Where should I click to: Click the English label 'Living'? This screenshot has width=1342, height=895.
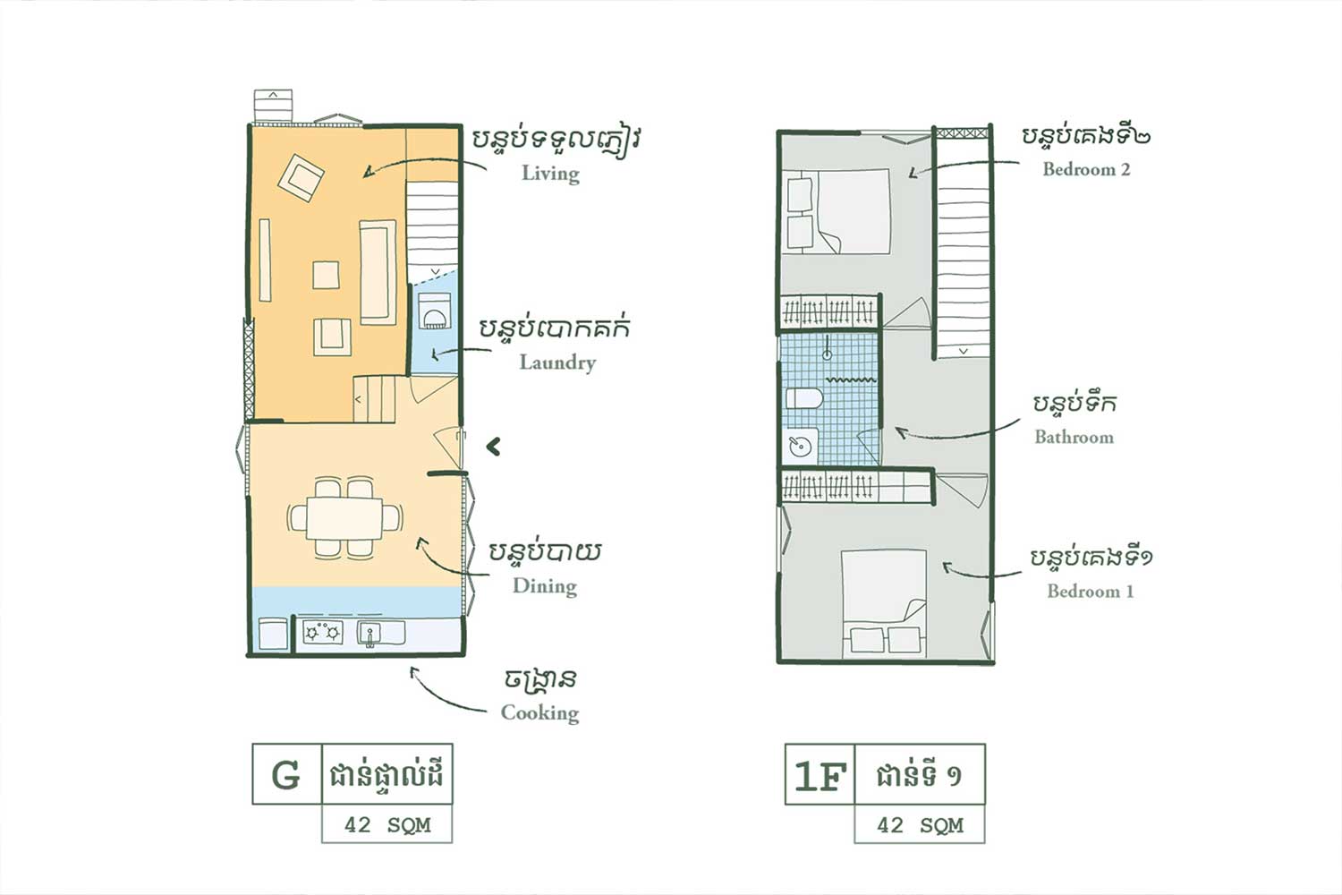(x=550, y=173)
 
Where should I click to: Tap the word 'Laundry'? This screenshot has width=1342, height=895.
(x=556, y=362)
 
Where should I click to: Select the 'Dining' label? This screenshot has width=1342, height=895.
(x=544, y=586)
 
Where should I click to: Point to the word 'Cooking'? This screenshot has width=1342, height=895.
(x=539, y=712)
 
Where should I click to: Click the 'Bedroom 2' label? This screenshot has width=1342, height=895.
(x=1086, y=169)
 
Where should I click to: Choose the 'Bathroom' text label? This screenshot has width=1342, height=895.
(x=1074, y=437)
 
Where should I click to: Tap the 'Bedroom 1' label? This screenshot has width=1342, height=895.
(x=1090, y=591)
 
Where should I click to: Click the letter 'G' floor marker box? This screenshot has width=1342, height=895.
(x=286, y=774)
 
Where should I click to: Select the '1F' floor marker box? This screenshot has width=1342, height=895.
(x=820, y=774)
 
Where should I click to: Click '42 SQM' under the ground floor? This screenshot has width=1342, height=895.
(x=386, y=825)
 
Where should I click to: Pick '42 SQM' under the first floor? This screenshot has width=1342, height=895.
(x=920, y=825)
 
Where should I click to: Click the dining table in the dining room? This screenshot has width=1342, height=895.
(x=344, y=518)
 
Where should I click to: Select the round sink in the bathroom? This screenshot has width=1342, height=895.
(x=800, y=446)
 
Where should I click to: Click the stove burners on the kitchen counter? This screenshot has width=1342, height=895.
(x=322, y=633)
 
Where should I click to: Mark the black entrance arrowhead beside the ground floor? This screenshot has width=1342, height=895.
(x=493, y=446)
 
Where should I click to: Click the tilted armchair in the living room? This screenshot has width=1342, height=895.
(x=301, y=178)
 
